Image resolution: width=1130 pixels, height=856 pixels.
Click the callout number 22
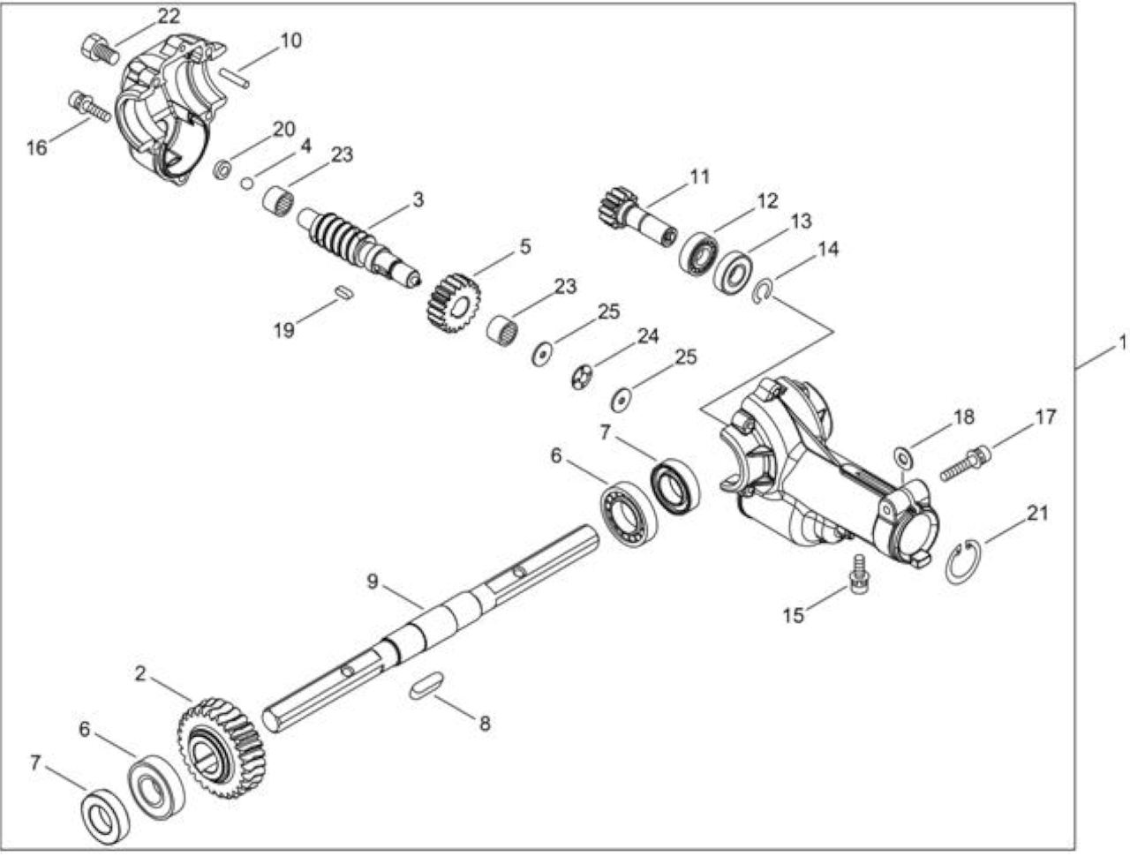[169, 17]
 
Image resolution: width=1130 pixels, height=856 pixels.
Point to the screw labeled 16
[89, 107]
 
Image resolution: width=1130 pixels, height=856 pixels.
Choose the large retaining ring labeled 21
[963, 562]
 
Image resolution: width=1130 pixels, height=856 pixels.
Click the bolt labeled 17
[965, 463]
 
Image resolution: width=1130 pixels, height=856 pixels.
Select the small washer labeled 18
[903, 457]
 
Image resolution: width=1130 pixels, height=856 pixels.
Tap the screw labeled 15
[858, 574]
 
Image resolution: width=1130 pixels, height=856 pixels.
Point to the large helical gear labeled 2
[222, 748]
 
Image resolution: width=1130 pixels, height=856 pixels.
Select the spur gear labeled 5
[454, 304]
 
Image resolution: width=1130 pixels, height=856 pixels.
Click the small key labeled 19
[343, 292]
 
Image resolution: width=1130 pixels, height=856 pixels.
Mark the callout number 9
[373, 582]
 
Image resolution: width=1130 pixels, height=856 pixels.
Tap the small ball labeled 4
[247, 184]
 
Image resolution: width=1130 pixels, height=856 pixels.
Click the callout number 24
[648, 336]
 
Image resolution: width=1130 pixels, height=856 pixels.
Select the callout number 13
[801, 222]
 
